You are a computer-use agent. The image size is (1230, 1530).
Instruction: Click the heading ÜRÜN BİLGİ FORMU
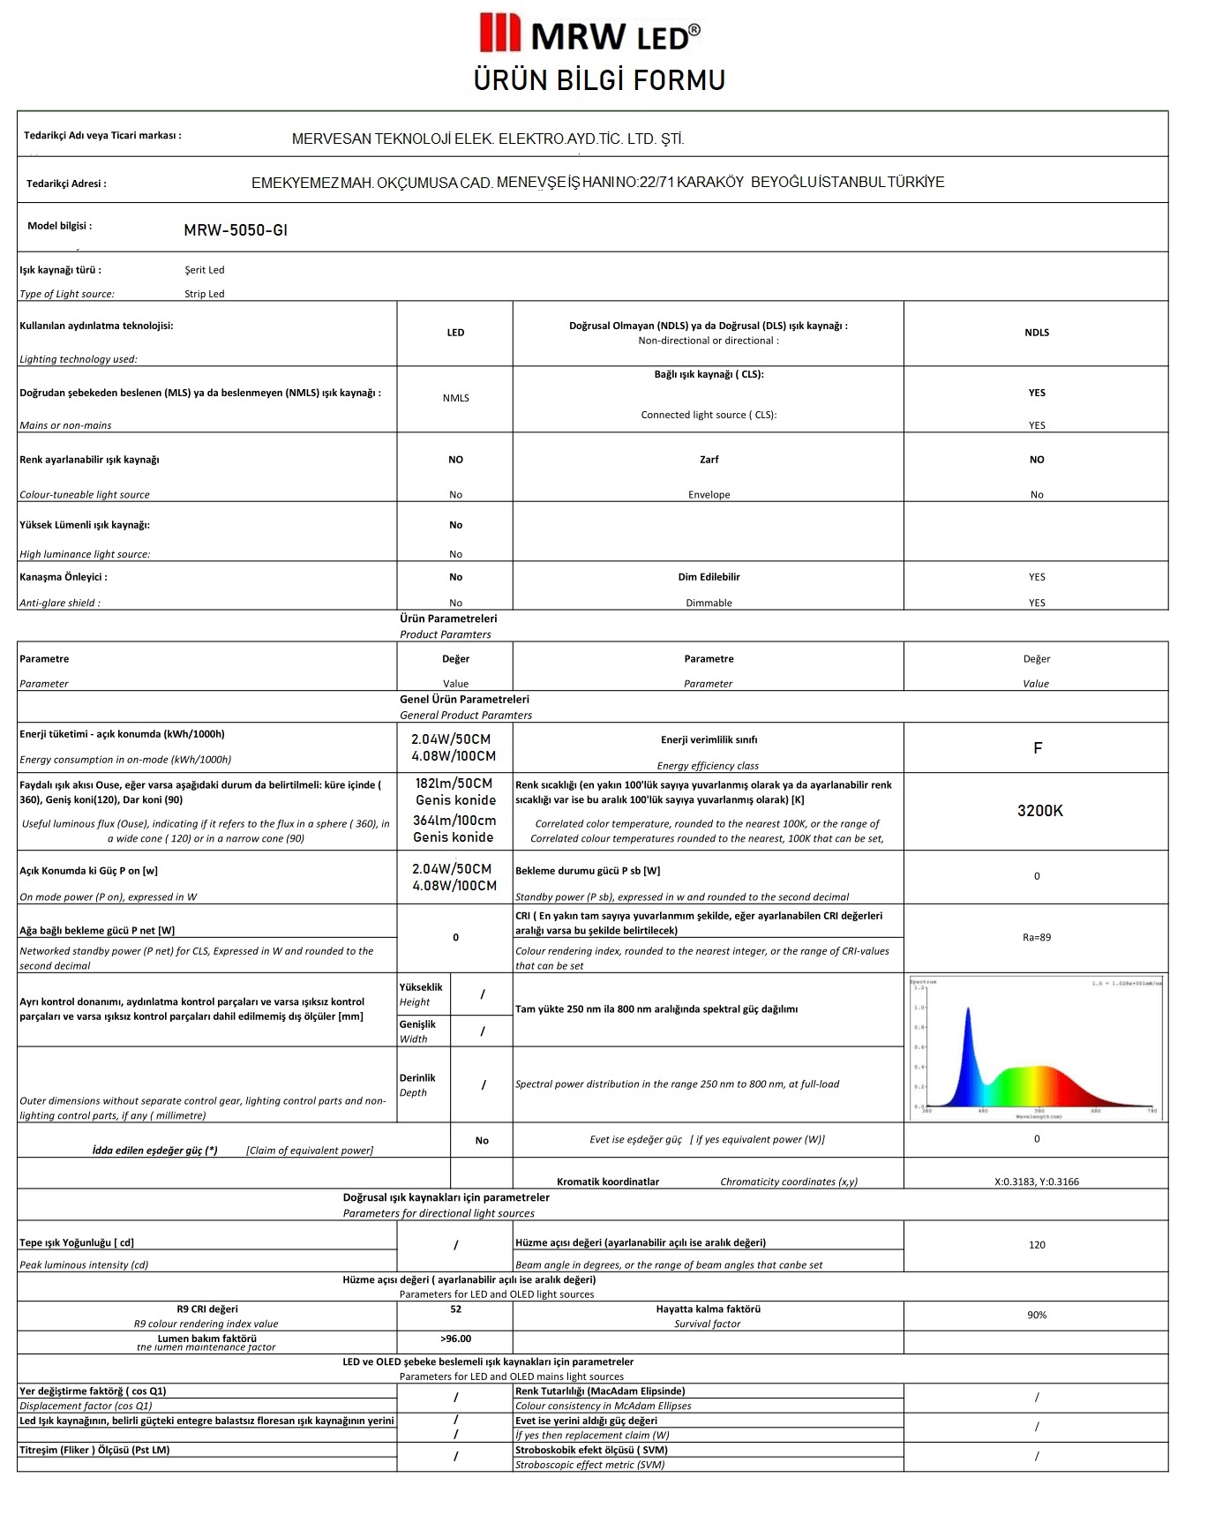click(x=599, y=80)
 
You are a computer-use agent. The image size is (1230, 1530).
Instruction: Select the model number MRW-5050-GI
click(x=236, y=230)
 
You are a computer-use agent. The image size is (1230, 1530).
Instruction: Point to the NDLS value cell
click(x=1037, y=333)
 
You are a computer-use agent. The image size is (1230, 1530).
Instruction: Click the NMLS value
click(x=455, y=398)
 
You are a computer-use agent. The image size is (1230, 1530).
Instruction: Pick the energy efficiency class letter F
click(x=1038, y=748)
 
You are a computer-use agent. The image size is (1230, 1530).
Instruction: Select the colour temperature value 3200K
click(x=1039, y=811)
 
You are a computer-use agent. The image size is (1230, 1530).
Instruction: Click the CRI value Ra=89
click(x=1037, y=937)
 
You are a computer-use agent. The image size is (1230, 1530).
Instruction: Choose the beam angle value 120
click(x=1037, y=1245)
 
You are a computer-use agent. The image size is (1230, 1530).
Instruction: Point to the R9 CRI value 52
click(x=455, y=1309)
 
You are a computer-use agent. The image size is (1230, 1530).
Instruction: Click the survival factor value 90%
click(x=1037, y=1315)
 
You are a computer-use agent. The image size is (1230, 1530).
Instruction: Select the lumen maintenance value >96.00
click(x=455, y=1339)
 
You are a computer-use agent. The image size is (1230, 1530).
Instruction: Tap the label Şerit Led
click(x=205, y=270)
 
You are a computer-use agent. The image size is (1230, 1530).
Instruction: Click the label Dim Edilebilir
click(x=709, y=577)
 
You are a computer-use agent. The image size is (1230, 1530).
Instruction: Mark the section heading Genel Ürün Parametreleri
click(x=464, y=699)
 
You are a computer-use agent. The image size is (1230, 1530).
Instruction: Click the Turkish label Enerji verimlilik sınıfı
click(x=709, y=740)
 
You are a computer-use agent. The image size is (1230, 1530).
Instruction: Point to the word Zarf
click(x=709, y=460)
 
